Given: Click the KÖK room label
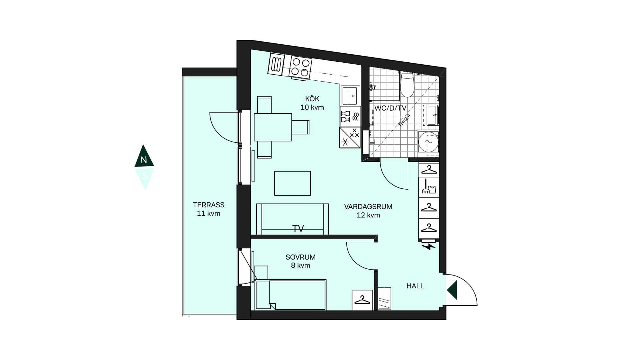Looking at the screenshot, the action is (x=312, y=99).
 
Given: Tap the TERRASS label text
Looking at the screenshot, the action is (x=209, y=205).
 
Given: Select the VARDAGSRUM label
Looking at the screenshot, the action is (x=368, y=207).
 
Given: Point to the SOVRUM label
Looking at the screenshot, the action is (x=300, y=257).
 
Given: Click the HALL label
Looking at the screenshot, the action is (x=415, y=286).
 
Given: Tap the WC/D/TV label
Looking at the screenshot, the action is (x=390, y=108).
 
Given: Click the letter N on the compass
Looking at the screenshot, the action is (x=144, y=160).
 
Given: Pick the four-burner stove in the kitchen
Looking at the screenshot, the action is (x=300, y=67).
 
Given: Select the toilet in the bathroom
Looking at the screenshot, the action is (x=407, y=85).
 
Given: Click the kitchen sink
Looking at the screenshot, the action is (x=350, y=96).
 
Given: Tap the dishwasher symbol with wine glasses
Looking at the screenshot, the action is (x=350, y=116).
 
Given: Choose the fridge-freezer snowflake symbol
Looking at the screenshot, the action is (x=350, y=138).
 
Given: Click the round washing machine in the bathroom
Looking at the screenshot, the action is (x=428, y=142).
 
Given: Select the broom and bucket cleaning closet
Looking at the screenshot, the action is (x=429, y=187).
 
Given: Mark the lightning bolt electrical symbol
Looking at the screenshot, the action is (x=429, y=247).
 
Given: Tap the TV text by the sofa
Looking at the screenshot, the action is (x=298, y=229).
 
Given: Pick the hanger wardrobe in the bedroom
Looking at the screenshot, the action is (x=362, y=300).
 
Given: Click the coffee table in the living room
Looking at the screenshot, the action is (x=292, y=183).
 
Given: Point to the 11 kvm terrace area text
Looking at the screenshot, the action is (x=209, y=213).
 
